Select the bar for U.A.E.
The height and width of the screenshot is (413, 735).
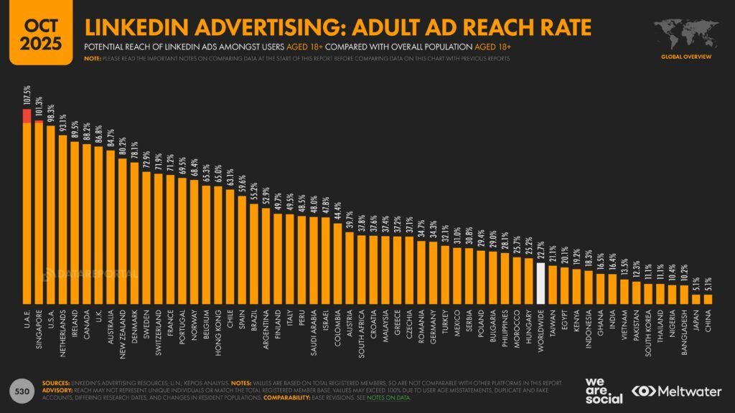click(x=27, y=208)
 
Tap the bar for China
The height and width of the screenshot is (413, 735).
click(x=708, y=298)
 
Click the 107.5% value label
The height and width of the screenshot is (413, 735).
click(x=27, y=98)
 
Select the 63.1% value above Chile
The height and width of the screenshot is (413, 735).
click(x=230, y=177)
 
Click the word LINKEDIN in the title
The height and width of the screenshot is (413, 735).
click(x=137, y=27)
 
